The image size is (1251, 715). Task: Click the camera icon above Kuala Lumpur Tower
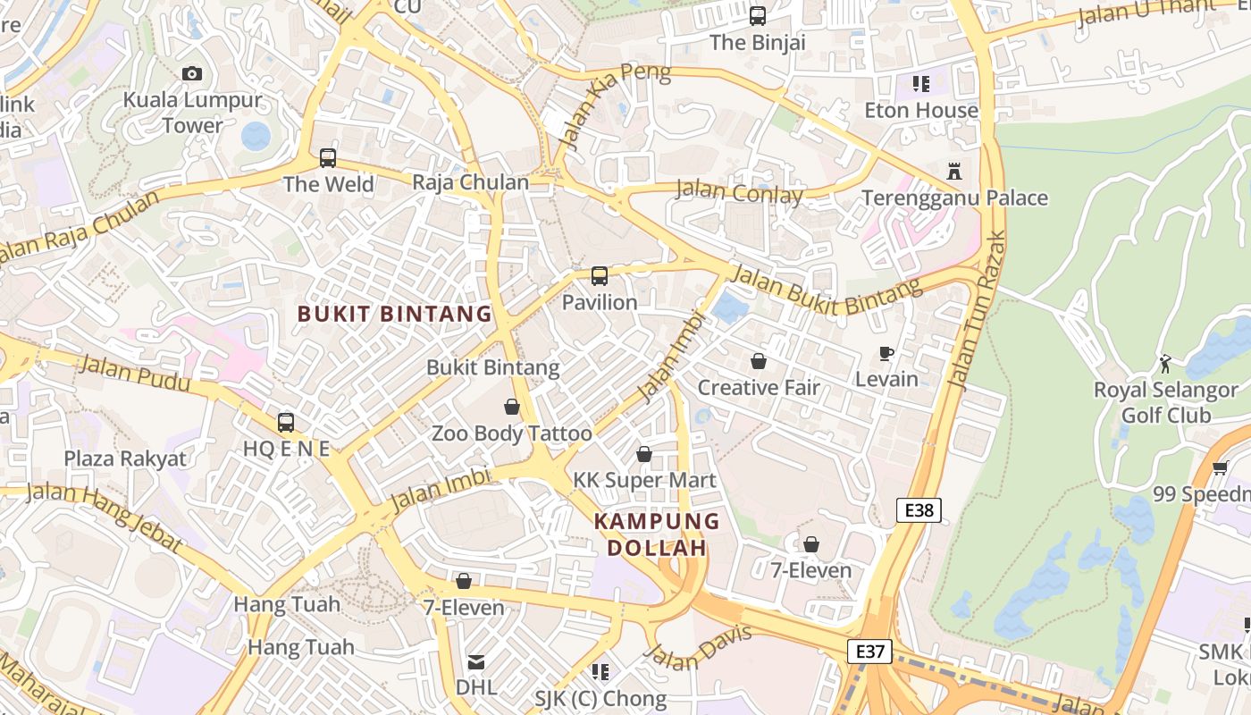(191, 73)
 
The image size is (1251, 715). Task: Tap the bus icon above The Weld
(328, 158)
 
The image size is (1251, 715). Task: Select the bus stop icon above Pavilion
(600, 276)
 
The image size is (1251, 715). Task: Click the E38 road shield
(919, 510)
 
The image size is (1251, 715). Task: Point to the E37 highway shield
(869, 652)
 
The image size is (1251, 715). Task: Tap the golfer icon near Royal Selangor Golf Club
(1165, 363)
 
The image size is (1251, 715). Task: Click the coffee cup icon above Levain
(886, 354)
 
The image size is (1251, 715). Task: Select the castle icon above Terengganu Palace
(954, 171)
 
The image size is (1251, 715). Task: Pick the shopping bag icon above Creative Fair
(758, 361)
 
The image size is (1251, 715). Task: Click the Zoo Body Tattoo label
(511, 434)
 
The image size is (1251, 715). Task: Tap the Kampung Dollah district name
(657, 534)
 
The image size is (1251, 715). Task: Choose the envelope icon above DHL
(475, 662)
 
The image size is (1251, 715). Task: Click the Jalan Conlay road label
(739, 192)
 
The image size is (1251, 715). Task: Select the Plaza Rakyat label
(125, 459)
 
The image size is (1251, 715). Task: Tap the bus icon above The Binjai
(758, 15)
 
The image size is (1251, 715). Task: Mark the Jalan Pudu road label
(133, 374)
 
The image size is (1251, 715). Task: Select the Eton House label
(921, 110)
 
